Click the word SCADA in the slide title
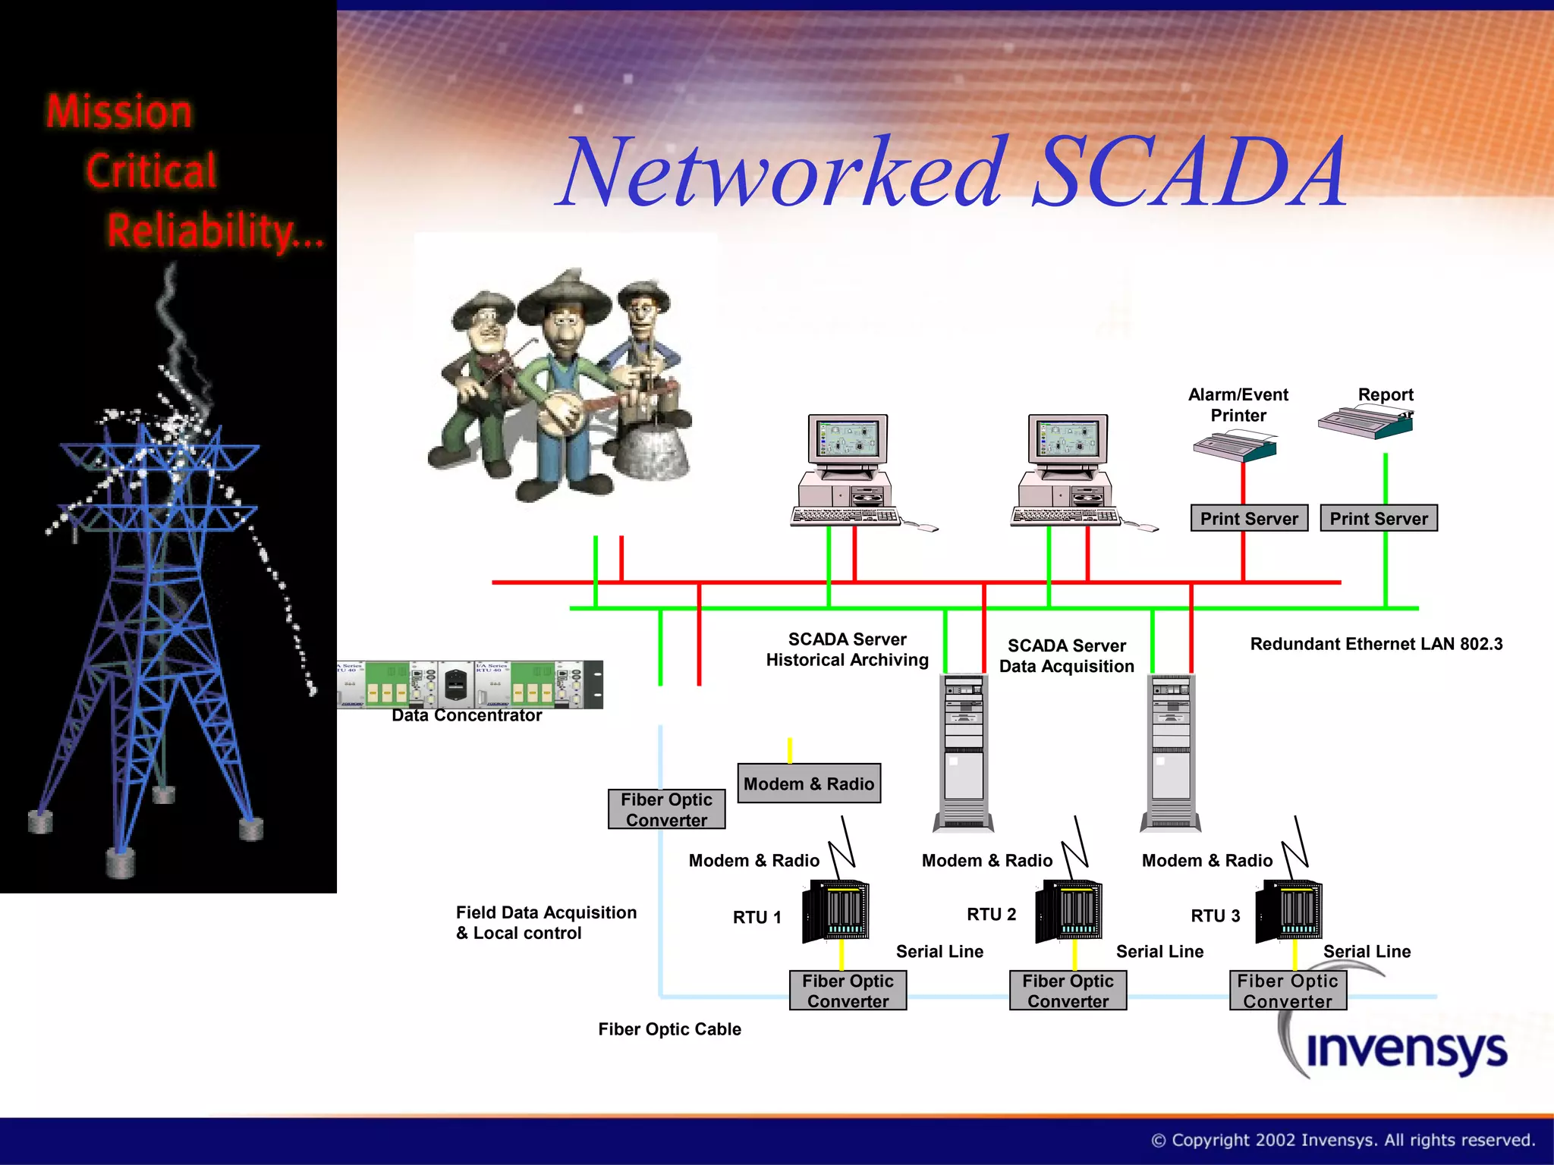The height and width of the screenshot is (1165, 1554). (x=1188, y=173)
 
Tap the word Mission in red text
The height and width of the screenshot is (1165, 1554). (x=119, y=112)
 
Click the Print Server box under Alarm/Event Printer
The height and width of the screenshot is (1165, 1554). (x=1249, y=519)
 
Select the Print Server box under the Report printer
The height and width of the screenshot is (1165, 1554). (x=1378, y=519)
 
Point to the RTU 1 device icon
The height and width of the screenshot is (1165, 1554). (x=835, y=911)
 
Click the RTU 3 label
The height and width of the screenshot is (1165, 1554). (x=1215, y=916)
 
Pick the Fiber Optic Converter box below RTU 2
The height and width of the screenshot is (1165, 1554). (x=1067, y=991)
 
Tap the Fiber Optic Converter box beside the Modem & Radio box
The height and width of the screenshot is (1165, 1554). (x=666, y=809)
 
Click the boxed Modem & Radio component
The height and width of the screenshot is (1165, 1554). (x=809, y=783)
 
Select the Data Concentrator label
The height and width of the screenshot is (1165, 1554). (x=467, y=715)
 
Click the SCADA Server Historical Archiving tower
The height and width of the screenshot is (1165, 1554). (x=964, y=752)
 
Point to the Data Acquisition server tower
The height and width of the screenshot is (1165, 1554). (x=1171, y=752)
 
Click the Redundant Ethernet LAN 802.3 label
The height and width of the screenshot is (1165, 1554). (x=1376, y=644)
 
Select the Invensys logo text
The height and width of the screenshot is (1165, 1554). (x=1406, y=1050)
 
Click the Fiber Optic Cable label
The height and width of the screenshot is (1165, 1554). (x=669, y=1029)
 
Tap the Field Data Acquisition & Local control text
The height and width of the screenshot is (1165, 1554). (x=546, y=922)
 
